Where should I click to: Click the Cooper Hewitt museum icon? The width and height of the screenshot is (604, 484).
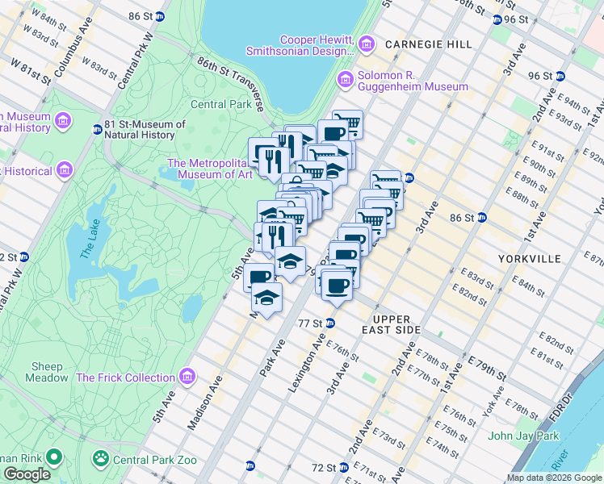pyautogui.click(x=367, y=42)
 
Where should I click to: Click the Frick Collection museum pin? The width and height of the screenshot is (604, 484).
pyautogui.click(x=187, y=377)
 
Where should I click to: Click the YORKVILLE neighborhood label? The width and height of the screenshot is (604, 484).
pyautogui.click(x=529, y=259)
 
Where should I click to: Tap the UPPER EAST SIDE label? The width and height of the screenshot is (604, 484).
pyautogui.click(x=396, y=325)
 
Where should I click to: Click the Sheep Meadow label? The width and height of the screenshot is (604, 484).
pyautogui.click(x=46, y=372)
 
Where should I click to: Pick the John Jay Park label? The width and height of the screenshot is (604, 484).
pyautogui.click(x=523, y=436)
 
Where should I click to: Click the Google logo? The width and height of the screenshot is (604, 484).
pyautogui.click(x=27, y=474)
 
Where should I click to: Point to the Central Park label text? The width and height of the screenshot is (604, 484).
pyautogui.click(x=221, y=104)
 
